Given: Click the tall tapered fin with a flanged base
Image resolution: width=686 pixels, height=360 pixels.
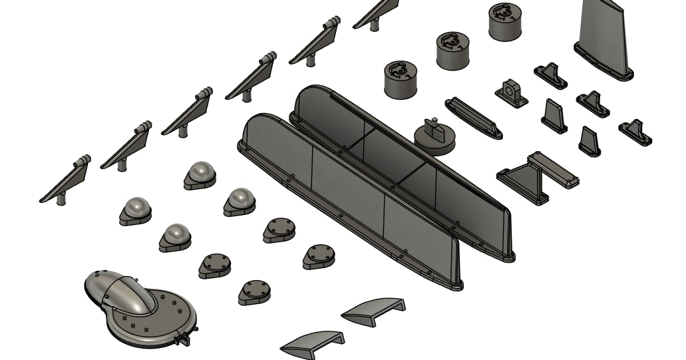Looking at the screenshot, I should tap(604, 37).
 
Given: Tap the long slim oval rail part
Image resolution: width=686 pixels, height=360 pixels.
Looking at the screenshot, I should tap(473, 118).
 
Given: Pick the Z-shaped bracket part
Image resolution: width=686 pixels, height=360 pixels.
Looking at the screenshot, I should tap(536, 176).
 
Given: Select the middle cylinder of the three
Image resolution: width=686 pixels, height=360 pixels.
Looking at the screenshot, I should tap(453, 50).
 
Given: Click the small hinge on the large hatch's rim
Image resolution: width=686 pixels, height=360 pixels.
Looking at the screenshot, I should tap(179, 339).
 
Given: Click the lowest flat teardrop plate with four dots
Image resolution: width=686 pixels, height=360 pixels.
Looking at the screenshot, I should tap(254, 291).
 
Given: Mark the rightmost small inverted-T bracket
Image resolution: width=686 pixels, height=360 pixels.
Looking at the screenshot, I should tap(635, 131).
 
